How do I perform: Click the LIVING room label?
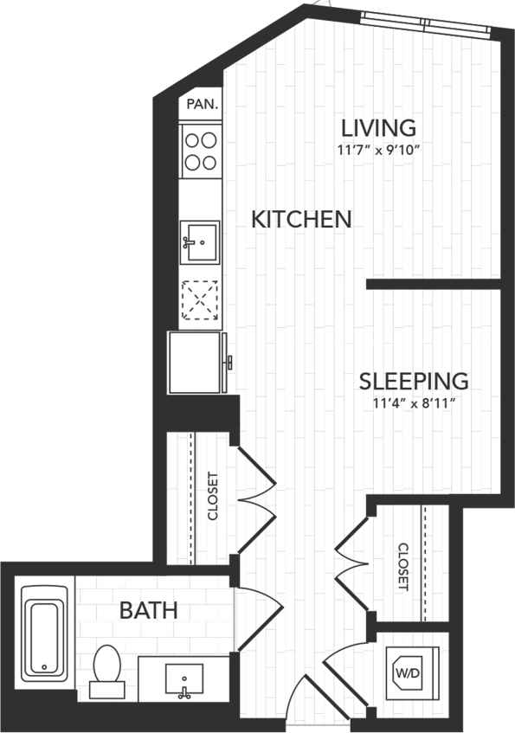pos(379,128)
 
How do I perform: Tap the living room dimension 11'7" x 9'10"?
pos(379,149)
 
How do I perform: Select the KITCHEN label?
pos(301,219)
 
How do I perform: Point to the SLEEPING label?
pos(414,380)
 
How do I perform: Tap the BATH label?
pos(148,610)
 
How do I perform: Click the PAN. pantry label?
pos(202,104)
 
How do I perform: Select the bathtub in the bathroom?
pos(44,630)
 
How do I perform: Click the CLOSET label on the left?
pos(214,496)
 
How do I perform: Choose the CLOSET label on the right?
pos(402,567)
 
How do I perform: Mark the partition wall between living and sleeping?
pos(433,283)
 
